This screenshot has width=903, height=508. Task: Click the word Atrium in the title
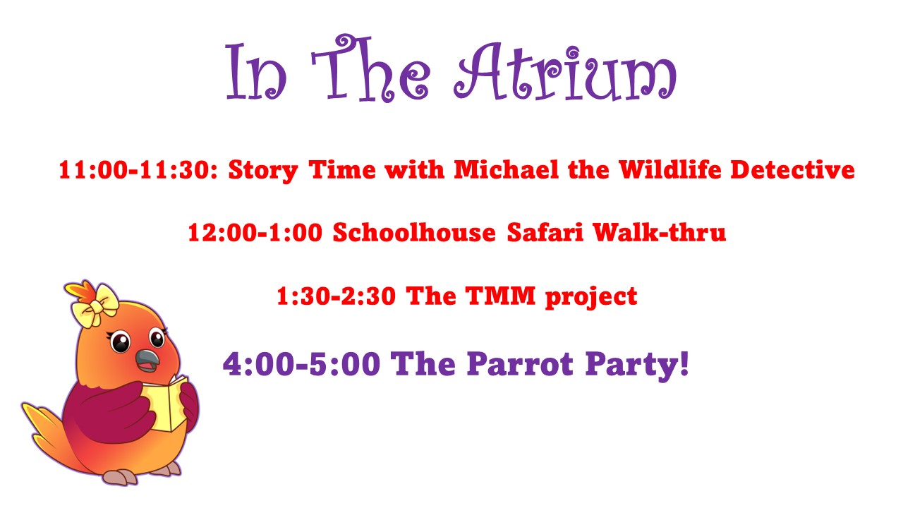coord(565,72)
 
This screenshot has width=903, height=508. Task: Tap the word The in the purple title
coord(370,68)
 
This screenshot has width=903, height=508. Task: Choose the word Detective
coord(792,169)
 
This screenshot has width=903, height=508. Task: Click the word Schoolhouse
coord(414,232)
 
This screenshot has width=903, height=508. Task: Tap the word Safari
coord(545,232)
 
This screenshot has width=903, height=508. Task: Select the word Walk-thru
coord(659,232)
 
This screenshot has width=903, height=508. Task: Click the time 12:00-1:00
coord(255,233)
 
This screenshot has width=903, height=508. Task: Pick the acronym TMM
coord(500,296)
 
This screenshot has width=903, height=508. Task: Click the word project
coord(591,298)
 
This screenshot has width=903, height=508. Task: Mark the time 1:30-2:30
coord(337,296)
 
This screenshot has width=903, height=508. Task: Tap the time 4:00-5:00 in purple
coord(301,363)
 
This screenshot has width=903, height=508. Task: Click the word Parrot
coord(520,363)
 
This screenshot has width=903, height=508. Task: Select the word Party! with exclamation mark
coord(637,365)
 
